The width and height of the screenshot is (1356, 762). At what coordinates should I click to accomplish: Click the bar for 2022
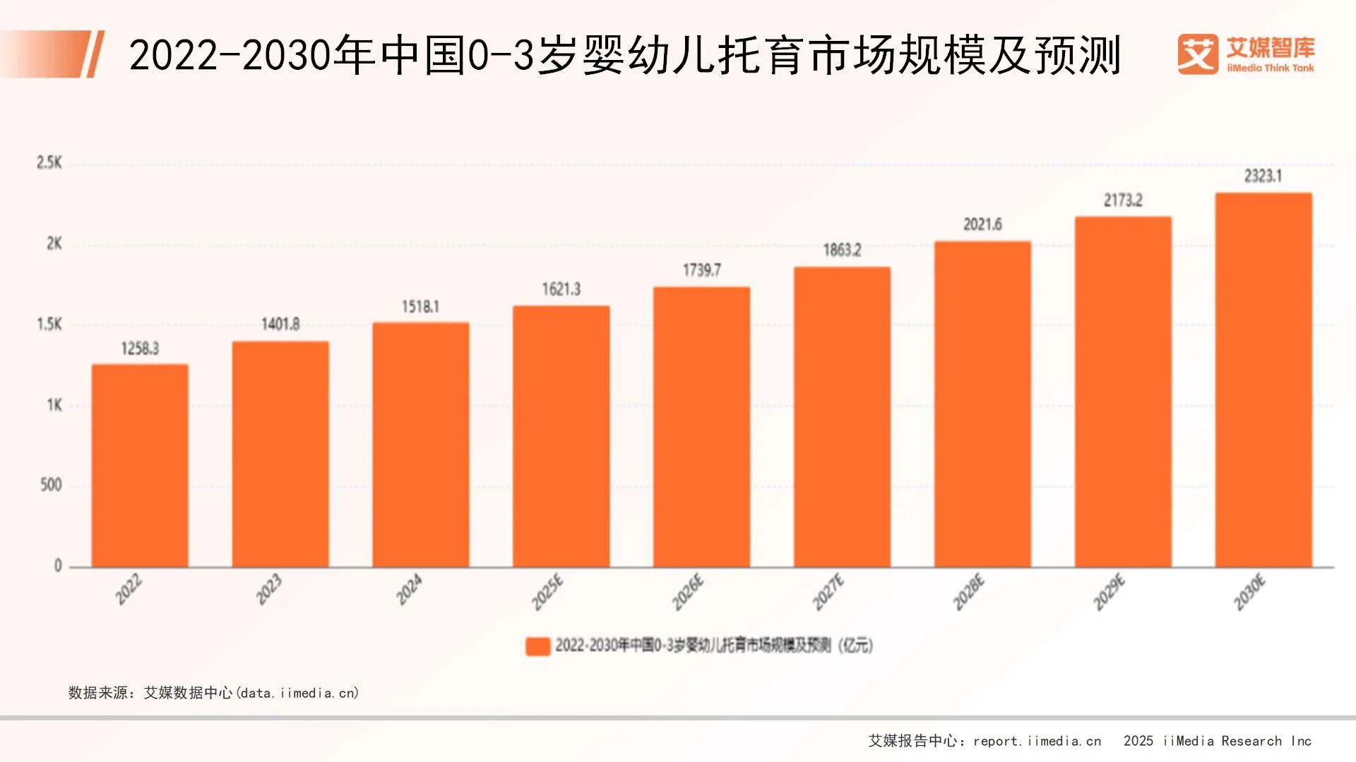[140, 466]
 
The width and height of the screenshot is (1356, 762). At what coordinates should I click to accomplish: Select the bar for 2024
[420, 445]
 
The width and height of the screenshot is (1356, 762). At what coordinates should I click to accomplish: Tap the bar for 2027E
[842, 416]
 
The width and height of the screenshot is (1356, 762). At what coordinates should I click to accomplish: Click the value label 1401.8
[280, 325]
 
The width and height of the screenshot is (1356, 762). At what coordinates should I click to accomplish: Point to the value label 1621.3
[561, 289]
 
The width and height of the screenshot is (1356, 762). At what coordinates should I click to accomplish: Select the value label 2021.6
[982, 224]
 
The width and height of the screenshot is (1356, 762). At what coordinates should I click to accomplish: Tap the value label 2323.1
[1263, 176]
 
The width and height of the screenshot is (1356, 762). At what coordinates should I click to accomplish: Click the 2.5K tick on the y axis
[49, 163]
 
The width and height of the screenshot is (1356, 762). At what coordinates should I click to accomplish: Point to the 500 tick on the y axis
[51, 485]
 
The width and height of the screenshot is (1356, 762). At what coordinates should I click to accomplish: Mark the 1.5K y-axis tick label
[49, 325]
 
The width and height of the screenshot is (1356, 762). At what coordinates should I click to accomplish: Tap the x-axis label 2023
[269, 590]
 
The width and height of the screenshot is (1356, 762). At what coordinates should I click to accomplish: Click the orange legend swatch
[537, 646]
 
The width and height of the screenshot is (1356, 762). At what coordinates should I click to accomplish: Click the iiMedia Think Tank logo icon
[1198, 54]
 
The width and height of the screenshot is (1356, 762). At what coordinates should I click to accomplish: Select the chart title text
[624, 55]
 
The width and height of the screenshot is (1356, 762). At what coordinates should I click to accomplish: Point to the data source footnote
[213, 693]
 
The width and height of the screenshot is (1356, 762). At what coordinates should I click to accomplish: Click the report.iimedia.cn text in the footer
[1037, 741]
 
